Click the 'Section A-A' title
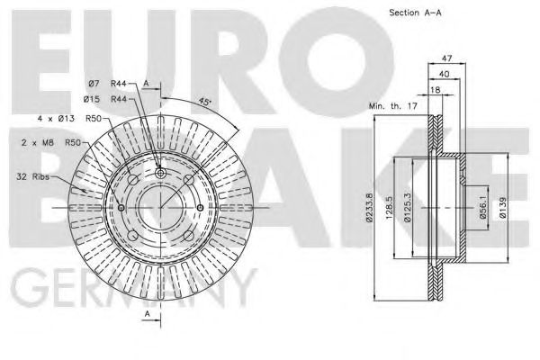coord(415,13)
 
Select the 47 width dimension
coord(446,58)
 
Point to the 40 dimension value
coord(445,74)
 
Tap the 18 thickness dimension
coord(436,90)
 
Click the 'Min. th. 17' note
coord(393,106)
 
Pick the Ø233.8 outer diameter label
coord(369,207)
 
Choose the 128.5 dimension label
coord(389,208)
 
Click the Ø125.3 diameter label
coord(408,207)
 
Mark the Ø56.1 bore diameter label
coord(482,208)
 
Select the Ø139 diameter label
coord(502,207)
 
